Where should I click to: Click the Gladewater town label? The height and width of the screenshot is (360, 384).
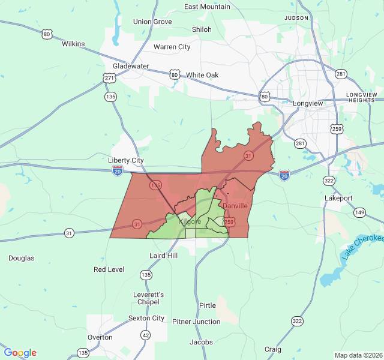point(131,66)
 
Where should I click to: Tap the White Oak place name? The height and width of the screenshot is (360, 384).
point(202,75)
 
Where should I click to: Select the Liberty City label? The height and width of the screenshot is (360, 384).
point(126,160)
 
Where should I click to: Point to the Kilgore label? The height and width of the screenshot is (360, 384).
point(190,222)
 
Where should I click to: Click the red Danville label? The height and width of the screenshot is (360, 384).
point(235,206)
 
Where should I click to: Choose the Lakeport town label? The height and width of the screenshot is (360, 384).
point(338,198)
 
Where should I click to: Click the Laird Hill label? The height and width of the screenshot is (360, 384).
point(163,256)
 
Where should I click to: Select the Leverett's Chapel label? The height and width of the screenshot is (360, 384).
point(149,299)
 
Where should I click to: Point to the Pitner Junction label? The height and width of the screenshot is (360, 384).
point(196,322)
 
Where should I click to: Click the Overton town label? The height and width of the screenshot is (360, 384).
point(100,337)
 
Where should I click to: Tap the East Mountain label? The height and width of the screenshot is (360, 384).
point(207,7)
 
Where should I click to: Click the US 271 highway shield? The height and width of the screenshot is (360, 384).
point(109,78)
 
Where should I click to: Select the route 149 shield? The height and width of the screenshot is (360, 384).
point(359,212)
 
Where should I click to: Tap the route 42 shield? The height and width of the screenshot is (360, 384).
point(146,335)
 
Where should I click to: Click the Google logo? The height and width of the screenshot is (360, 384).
point(20,353)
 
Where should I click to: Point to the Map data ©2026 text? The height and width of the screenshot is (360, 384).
point(358,355)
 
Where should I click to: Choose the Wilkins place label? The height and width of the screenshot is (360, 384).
point(73,44)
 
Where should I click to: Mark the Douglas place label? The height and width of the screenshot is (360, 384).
point(21,258)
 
